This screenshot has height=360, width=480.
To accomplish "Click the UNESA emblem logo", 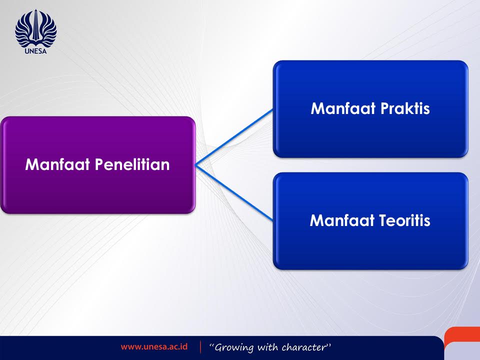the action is [x=36, y=28].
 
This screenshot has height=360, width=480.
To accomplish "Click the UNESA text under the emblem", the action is [x=36, y=51].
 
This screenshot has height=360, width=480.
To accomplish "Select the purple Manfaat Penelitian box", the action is [x=97, y=164].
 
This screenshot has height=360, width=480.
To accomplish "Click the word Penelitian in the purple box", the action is [x=132, y=164].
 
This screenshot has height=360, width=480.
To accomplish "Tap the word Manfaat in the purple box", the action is [x=57, y=164].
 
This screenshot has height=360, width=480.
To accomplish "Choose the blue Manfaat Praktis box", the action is [x=370, y=109].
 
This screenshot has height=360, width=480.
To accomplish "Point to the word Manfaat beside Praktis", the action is [x=343, y=108].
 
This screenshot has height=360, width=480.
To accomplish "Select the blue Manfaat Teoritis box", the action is [x=370, y=220].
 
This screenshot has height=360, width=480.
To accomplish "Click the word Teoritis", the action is [x=404, y=220].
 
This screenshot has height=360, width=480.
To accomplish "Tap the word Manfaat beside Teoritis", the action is [x=342, y=220].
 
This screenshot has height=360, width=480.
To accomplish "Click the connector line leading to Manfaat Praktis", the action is [x=234, y=137].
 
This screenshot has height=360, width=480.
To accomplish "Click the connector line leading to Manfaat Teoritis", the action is [x=234, y=193].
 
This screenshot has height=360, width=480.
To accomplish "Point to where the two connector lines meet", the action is [x=195, y=165].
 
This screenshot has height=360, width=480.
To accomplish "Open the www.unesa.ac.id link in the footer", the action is [x=154, y=347].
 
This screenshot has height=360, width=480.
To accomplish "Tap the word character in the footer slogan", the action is [x=304, y=347].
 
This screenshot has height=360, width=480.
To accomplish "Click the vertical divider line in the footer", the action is [x=201, y=347].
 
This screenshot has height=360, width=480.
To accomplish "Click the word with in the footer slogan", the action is [x=268, y=347].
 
